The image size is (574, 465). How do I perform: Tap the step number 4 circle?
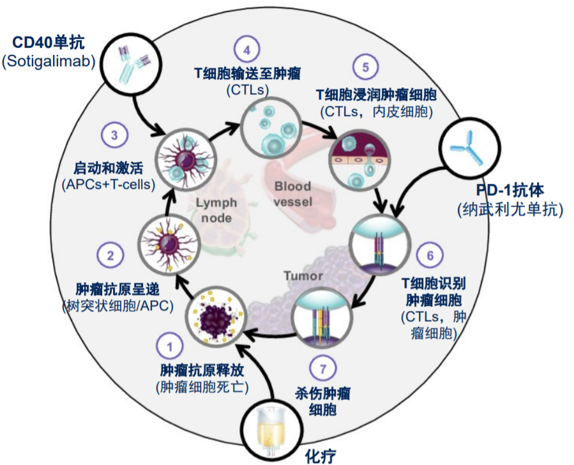[246, 49]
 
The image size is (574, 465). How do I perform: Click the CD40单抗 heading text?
[49, 44]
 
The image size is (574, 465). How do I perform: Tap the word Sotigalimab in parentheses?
[49, 61]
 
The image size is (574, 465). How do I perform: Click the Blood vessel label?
[292, 194]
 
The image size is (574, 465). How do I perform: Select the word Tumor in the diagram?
[303, 277]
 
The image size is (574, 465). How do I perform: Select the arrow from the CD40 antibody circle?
[148, 115]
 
